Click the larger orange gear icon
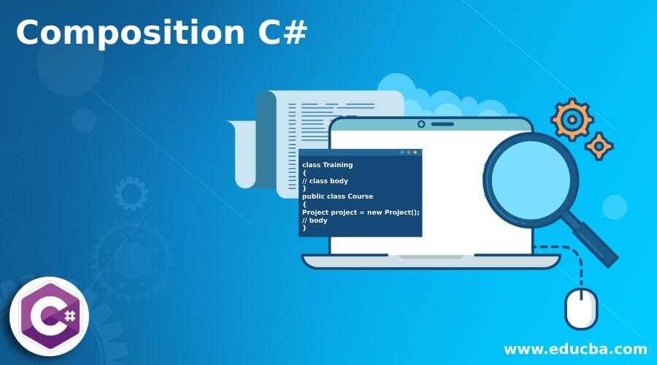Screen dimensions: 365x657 pyautogui.click(x=572, y=119)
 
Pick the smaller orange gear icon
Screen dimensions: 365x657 pyautogui.click(x=599, y=146)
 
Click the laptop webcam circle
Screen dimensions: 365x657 pyautogui.click(x=421, y=124)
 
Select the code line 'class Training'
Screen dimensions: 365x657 pyautogui.click(x=327, y=165)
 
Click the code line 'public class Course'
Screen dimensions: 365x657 pyautogui.click(x=337, y=196)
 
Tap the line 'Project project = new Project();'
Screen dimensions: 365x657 pyautogui.click(x=361, y=212)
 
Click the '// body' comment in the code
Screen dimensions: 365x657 pyautogui.click(x=315, y=220)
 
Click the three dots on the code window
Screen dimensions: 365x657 pyautogui.click(x=409, y=153)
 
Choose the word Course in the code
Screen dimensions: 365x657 pyautogui.click(x=358, y=196)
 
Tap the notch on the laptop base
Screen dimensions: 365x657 pyautogui.click(x=431, y=257)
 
